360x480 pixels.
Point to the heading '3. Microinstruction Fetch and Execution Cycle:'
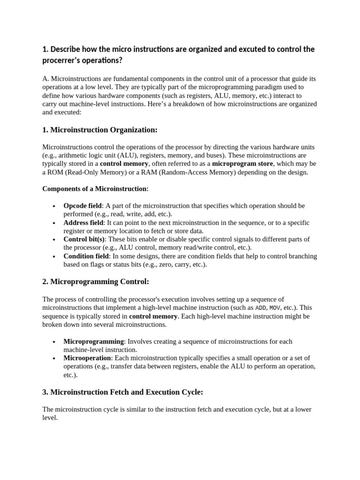click(x=123, y=392)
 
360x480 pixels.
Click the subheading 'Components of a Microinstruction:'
click(x=95, y=188)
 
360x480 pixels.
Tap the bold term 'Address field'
click(x=83, y=223)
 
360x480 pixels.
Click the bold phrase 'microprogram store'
click(x=241, y=164)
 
